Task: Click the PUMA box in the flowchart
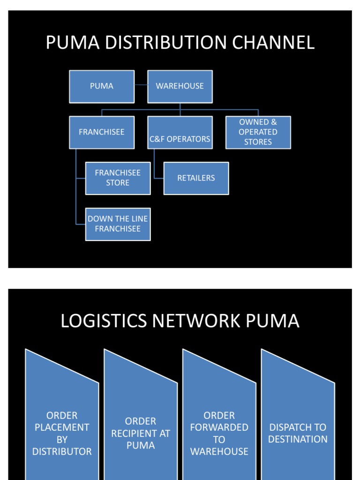pos(102,86)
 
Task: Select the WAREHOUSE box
pos(180,86)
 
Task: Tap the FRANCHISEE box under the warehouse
pos(102,132)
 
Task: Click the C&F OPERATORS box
pos(180,139)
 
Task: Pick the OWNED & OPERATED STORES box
pos(258,132)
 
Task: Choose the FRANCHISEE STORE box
pos(118,178)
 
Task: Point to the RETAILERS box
pos(196,178)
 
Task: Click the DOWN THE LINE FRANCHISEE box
pos(118,224)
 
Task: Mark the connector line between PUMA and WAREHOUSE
pos(141,85)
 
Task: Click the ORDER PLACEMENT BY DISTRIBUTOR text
pos(62,433)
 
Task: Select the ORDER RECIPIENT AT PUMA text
pos(141,433)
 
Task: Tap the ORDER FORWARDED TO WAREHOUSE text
pos(219,433)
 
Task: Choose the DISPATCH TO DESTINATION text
pos(298,433)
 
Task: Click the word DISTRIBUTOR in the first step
pos(62,451)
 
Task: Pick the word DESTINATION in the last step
pos(298,439)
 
